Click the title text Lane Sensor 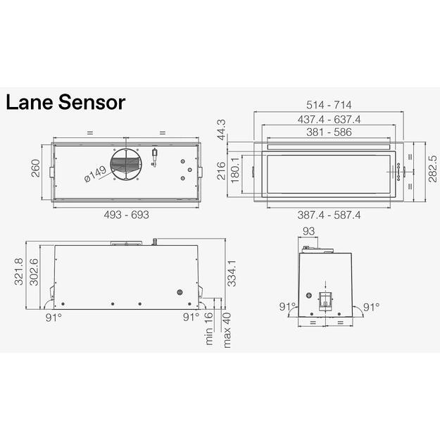point(65,103)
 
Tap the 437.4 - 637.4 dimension point(334,119)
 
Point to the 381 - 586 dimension point(334,132)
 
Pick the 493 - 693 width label point(127,215)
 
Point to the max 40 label point(227,329)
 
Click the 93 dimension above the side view point(308,232)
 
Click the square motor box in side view point(325,300)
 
